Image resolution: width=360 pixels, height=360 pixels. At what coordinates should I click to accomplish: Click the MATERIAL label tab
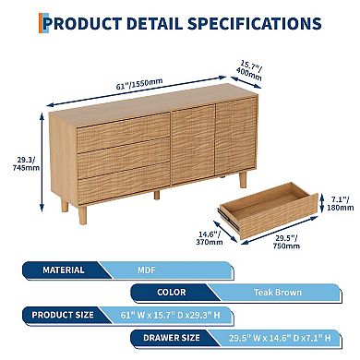(64, 270)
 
